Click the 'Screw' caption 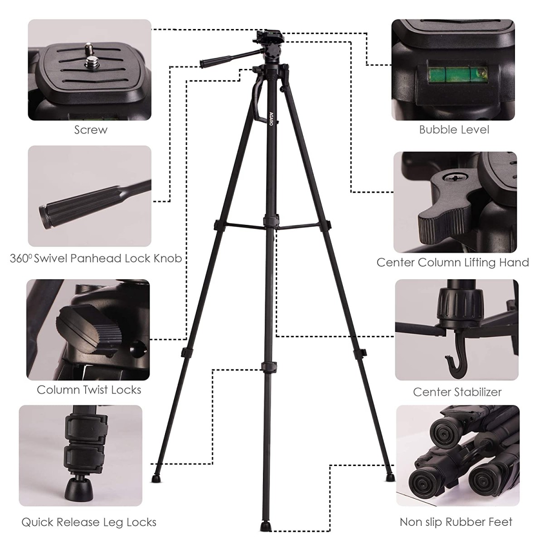91,130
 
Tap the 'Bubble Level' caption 454,130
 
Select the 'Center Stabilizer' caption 457,392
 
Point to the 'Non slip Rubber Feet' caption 456,522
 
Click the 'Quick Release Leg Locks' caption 89,523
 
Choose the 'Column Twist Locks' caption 89,390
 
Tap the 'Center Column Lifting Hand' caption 452,262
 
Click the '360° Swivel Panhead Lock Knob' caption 96,259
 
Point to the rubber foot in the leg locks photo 77,489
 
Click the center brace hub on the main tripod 269,221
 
